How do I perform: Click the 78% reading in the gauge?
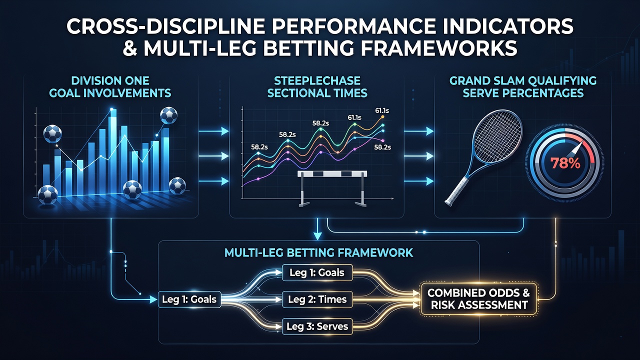(565, 163)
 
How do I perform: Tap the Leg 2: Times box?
(317, 299)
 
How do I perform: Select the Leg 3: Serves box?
(317, 326)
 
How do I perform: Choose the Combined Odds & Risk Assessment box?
(479, 299)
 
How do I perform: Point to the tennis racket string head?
(496, 137)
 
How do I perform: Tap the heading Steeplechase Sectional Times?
(317, 87)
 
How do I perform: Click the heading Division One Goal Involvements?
(110, 87)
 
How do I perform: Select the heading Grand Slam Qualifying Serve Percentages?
(523, 87)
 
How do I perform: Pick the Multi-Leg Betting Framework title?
(318, 252)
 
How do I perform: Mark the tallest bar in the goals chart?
(113, 151)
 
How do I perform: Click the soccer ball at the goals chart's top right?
(169, 115)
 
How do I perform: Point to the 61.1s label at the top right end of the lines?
(381, 110)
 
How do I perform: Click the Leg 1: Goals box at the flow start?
(189, 299)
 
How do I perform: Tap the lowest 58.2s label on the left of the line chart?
(259, 147)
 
